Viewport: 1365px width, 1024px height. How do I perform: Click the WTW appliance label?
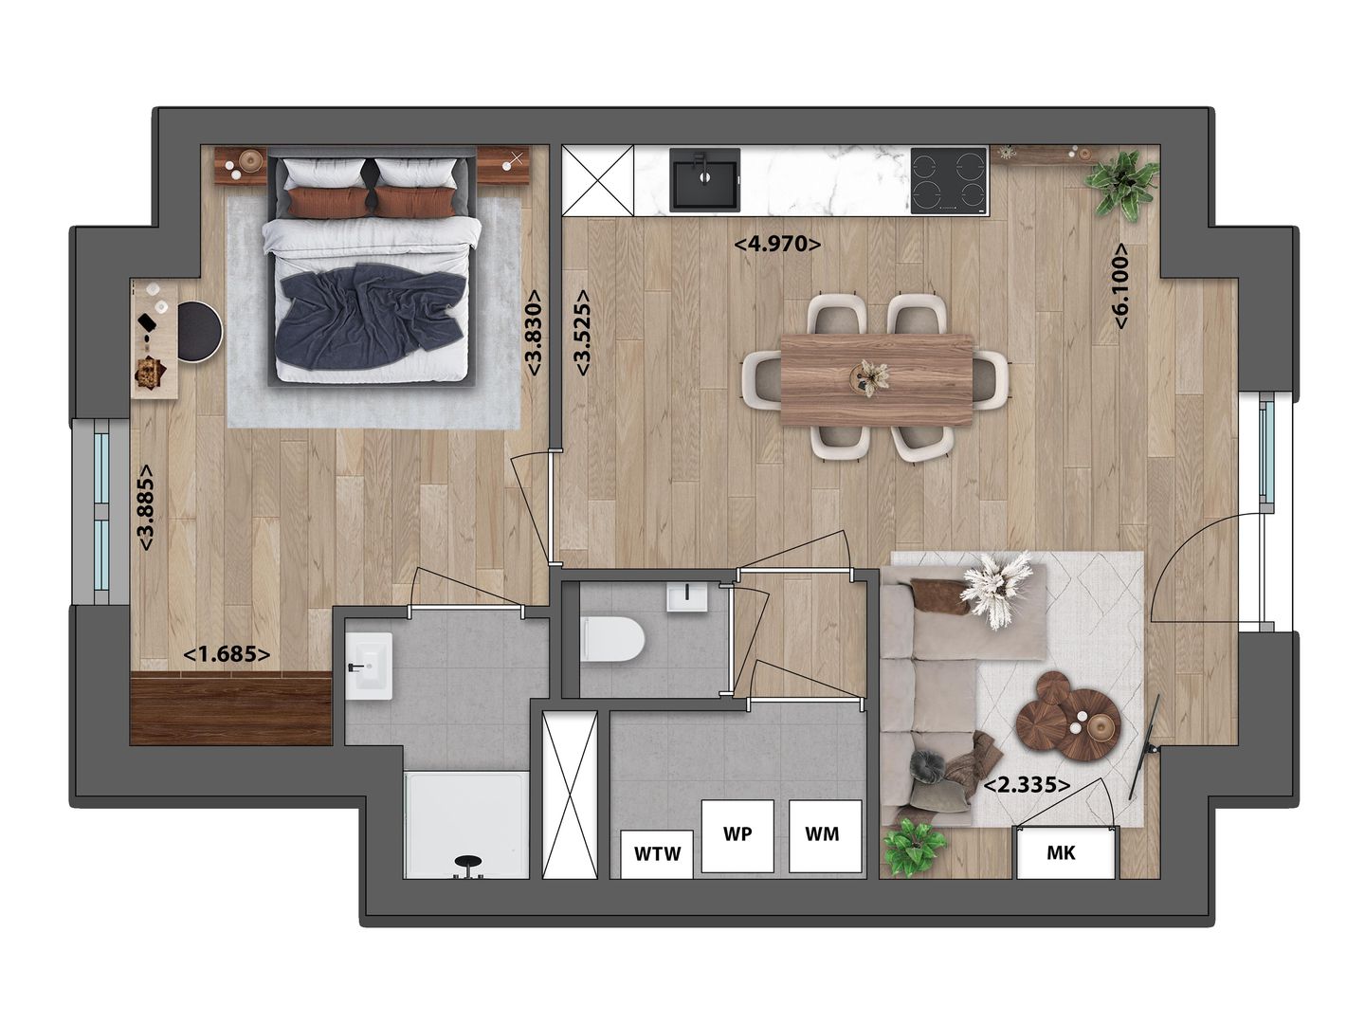pyautogui.click(x=658, y=853)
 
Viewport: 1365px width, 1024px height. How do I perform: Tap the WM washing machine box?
pyautogui.click(x=825, y=835)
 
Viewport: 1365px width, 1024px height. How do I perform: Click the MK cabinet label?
pyautogui.click(x=1061, y=853)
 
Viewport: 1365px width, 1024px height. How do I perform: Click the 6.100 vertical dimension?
pyautogui.click(x=1120, y=286)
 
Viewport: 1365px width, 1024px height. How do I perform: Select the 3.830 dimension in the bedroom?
pyautogui.click(x=534, y=333)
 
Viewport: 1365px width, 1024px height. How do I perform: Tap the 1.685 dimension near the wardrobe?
pyautogui.click(x=227, y=654)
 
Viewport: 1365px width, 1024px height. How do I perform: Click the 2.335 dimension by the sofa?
pyautogui.click(x=1028, y=786)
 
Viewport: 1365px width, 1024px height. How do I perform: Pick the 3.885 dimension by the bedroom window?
pyautogui.click(x=146, y=507)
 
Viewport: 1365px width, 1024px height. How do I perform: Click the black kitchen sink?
pyautogui.click(x=704, y=179)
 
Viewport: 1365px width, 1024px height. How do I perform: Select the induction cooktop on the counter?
pyautogui.click(x=949, y=179)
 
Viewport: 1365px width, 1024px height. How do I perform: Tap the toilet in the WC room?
pyautogui.click(x=612, y=639)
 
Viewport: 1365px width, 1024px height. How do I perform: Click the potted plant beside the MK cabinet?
pyautogui.click(x=914, y=846)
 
